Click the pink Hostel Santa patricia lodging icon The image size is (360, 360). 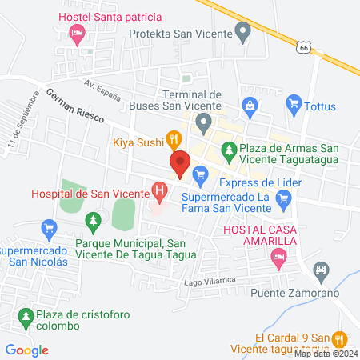78,33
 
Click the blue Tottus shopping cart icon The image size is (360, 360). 294,102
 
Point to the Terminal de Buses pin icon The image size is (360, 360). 204,122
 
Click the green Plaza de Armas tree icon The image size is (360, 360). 230,150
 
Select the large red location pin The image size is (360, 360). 181,164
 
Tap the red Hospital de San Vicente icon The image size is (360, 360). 160,192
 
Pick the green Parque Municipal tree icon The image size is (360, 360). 94,219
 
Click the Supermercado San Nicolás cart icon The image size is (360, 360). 50,229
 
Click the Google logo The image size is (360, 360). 26,350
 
